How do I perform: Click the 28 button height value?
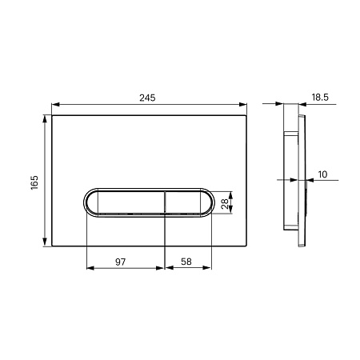[226, 203]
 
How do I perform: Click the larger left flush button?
[125, 203]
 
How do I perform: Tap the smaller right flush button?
[189, 203]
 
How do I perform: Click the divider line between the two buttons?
[165, 203]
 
